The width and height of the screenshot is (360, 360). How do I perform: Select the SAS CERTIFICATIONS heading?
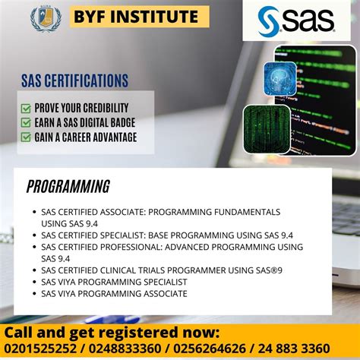click(74, 81)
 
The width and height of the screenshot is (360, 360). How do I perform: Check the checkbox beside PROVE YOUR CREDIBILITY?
click(26, 108)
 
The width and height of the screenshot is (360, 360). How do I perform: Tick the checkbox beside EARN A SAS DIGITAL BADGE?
click(26, 122)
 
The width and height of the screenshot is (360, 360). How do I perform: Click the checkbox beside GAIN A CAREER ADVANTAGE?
click(26, 137)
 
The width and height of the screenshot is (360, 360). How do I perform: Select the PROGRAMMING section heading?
click(68, 187)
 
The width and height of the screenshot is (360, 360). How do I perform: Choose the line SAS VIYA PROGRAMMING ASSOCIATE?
click(114, 293)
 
